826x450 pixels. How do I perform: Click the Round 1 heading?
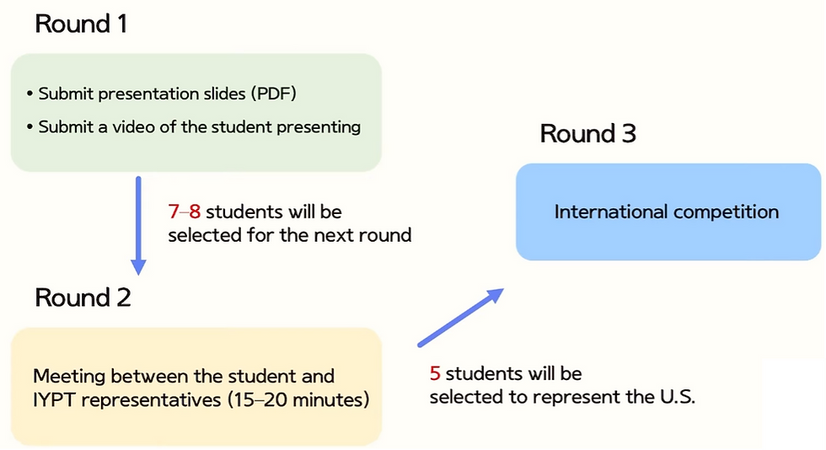[x=81, y=24]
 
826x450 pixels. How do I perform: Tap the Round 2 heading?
[x=83, y=297]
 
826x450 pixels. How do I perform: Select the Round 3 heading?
[x=588, y=133]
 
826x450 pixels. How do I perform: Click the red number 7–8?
[x=185, y=212]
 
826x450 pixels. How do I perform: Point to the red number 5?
[x=435, y=373]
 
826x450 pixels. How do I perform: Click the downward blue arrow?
[x=138, y=226]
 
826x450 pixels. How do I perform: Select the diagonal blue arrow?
[x=461, y=317]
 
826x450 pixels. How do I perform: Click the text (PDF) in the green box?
[x=273, y=94]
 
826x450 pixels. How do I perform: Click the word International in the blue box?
[x=611, y=212]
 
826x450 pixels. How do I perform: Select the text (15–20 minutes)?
[x=298, y=400]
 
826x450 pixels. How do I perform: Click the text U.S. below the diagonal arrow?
[x=678, y=397]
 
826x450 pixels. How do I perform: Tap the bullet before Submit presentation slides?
[x=29, y=94]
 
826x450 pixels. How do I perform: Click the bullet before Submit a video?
[x=29, y=127]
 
